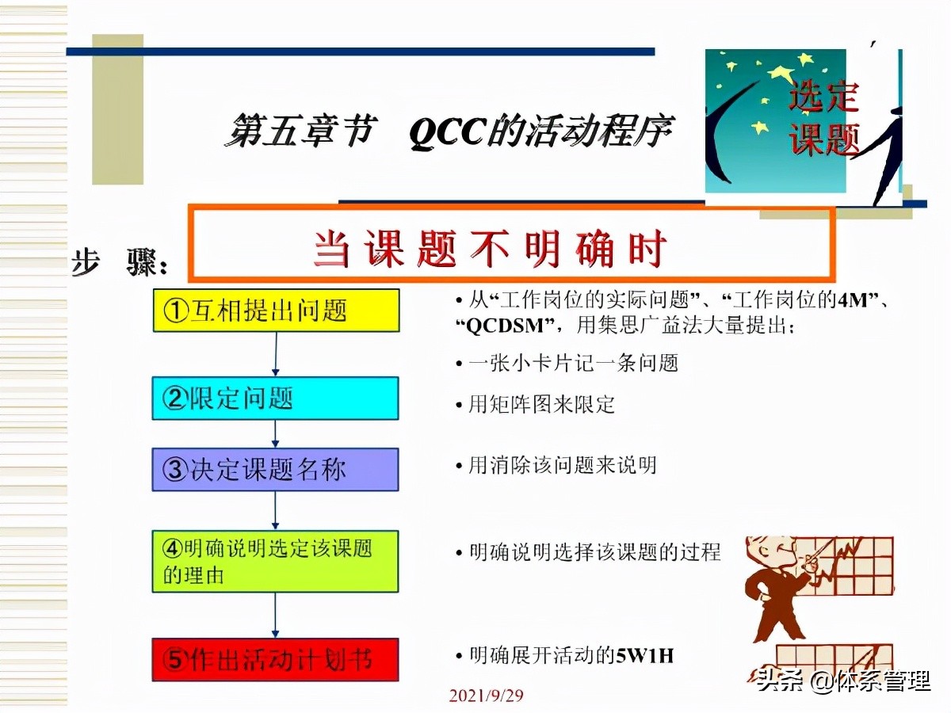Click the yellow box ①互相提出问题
point(275,311)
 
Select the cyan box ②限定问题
point(275,398)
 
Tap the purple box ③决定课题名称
point(275,470)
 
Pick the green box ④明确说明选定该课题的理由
point(275,562)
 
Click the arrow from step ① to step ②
point(275,354)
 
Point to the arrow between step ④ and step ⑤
point(275,616)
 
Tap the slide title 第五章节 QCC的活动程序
point(452,132)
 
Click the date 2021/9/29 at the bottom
point(486,696)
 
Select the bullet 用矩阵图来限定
point(540,405)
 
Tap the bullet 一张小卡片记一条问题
point(572,364)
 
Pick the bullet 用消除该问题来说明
point(562,466)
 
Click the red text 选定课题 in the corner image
point(824,119)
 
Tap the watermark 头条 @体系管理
point(843,680)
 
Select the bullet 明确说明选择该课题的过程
point(594,552)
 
